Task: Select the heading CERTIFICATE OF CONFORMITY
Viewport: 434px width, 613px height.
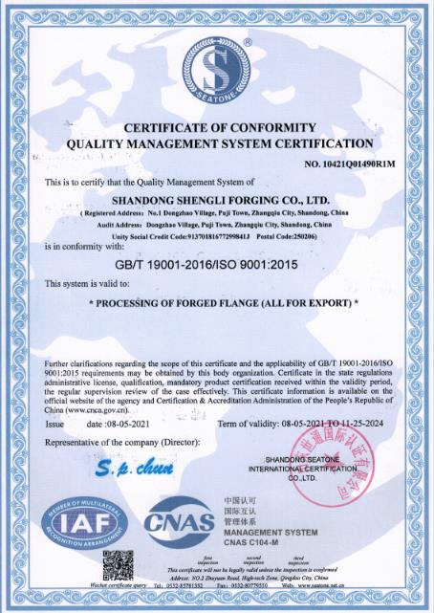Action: tap(219, 127)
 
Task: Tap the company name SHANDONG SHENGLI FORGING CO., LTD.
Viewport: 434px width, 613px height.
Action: tap(221, 199)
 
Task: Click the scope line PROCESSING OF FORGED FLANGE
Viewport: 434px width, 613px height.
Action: tap(222, 303)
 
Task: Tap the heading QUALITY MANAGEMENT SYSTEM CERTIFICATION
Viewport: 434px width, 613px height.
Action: tap(219, 143)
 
